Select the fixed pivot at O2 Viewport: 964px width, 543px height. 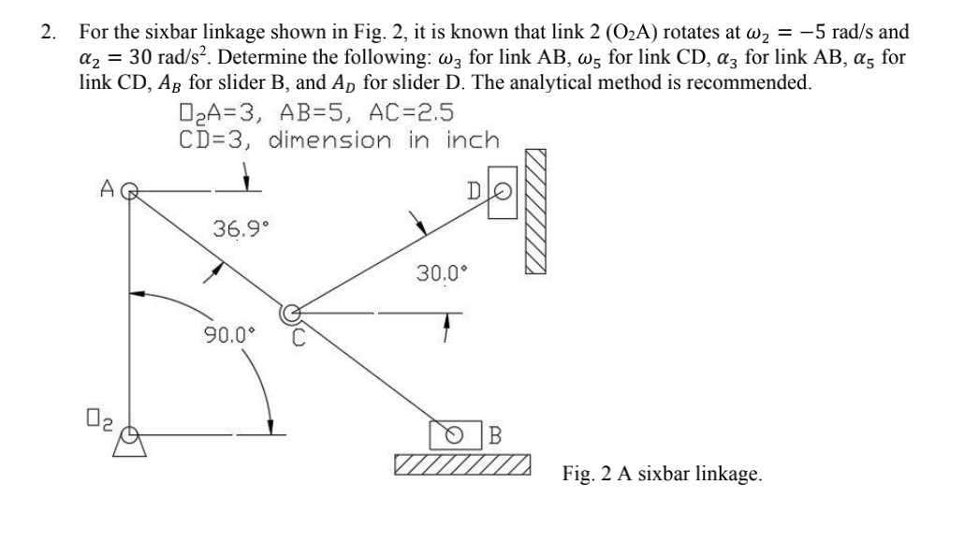131,433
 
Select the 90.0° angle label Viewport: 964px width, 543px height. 230,333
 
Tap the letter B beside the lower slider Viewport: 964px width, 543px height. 495,435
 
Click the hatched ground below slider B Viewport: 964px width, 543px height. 463,464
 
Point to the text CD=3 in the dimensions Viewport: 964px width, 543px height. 214,140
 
